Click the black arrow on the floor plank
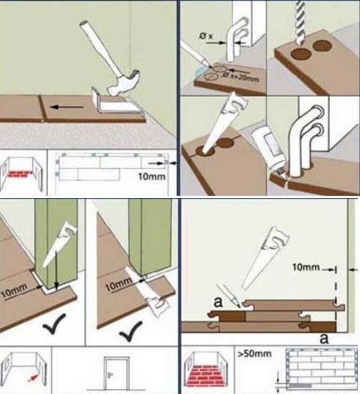click(66, 107)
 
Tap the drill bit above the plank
click(300, 23)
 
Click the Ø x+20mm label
click(241, 77)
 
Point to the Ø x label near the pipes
click(206, 36)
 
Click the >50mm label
click(254, 353)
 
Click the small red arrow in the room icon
click(33, 378)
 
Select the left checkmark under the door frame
click(54, 323)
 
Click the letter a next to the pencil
click(218, 302)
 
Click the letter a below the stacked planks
click(324, 338)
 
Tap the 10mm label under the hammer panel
click(151, 177)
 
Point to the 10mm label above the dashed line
click(306, 267)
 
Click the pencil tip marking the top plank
click(239, 306)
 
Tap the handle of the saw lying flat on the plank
click(158, 305)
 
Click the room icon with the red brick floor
click(206, 369)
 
